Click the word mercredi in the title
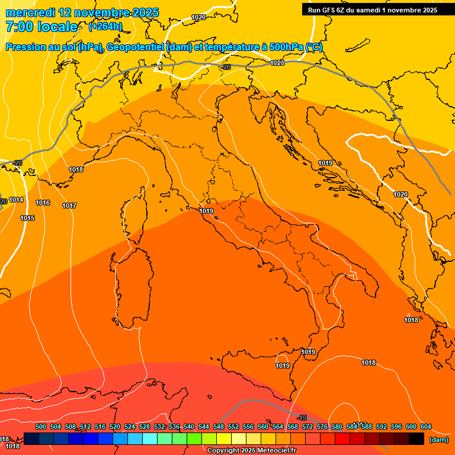click(31, 12)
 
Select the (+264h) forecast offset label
click(105, 27)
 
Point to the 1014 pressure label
click(16, 200)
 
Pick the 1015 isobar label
click(27, 219)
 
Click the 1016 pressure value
click(43, 203)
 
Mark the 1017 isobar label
click(69, 206)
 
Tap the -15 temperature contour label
click(302, 418)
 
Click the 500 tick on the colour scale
click(41, 427)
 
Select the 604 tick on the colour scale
click(425, 427)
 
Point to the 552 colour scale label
click(233, 427)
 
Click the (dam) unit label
click(438, 440)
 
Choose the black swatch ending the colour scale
click(416, 438)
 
